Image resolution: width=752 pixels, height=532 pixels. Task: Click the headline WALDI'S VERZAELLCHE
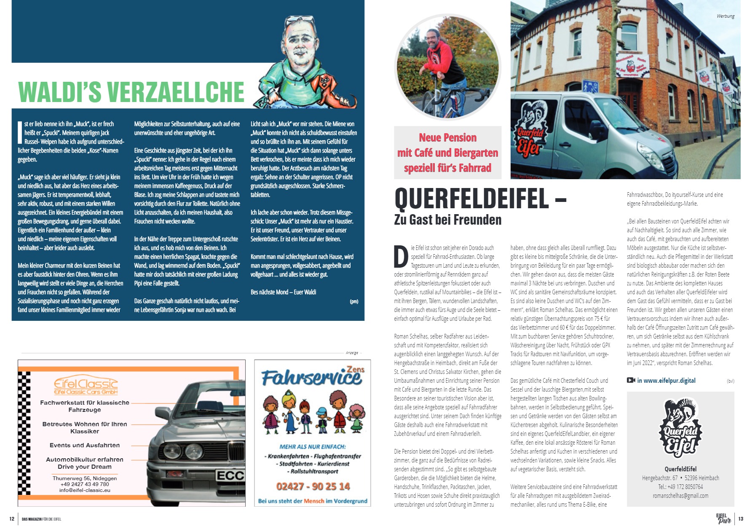pyautogui.click(x=131, y=92)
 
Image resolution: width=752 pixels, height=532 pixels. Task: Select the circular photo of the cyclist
pyautogui.click(x=447, y=67)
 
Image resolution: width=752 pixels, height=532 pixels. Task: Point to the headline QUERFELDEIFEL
pyautogui.click(x=472, y=199)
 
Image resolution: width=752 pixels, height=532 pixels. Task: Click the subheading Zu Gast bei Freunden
pyautogui.click(x=447, y=220)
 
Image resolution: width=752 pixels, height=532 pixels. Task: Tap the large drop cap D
pyautogui.click(x=401, y=256)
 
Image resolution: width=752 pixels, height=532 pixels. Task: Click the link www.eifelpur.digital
pyautogui.click(x=666, y=381)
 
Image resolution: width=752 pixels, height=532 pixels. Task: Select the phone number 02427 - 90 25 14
pyautogui.click(x=313, y=486)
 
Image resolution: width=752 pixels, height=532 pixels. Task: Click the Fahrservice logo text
pyautogui.click(x=311, y=377)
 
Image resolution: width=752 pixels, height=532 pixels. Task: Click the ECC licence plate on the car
pyautogui.click(x=230, y=476)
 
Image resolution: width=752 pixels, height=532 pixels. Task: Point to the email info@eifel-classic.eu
pyautogui.click(x=85, y=490)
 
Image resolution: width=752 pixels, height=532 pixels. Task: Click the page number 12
pyautogui.click(x=12, y=519)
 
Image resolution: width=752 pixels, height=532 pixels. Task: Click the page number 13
pyautogui.click(x=741, y=519)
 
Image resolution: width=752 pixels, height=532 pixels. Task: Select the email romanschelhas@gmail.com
pyautogui.click(x=680, y=496)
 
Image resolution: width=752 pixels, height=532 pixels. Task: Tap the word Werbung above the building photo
pyautogui.click(x=725, y=16)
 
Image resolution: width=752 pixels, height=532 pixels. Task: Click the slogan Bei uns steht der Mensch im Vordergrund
pyautogui.click(x=313, y=501)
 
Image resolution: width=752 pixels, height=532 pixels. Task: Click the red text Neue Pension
pyautogui.click(x=447, y=138)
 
